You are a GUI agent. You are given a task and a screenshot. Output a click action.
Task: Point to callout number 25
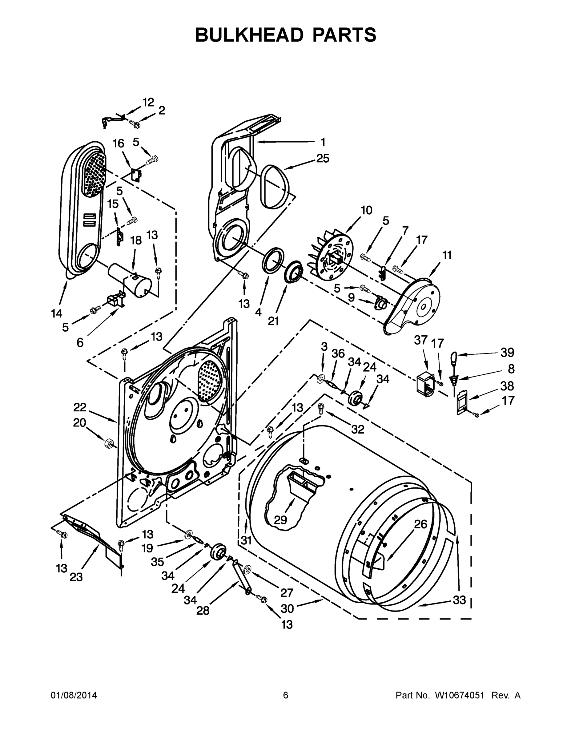click(322, 158)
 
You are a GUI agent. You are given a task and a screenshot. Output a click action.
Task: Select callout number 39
click(507, 353)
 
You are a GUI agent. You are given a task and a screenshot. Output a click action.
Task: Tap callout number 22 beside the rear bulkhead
click(80, 407)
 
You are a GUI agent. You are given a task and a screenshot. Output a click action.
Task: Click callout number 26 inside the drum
click(421, 524)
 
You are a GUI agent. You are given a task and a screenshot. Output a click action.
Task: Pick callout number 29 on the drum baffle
click(280, 519)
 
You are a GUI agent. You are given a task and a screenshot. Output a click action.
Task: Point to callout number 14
click(57, 314)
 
